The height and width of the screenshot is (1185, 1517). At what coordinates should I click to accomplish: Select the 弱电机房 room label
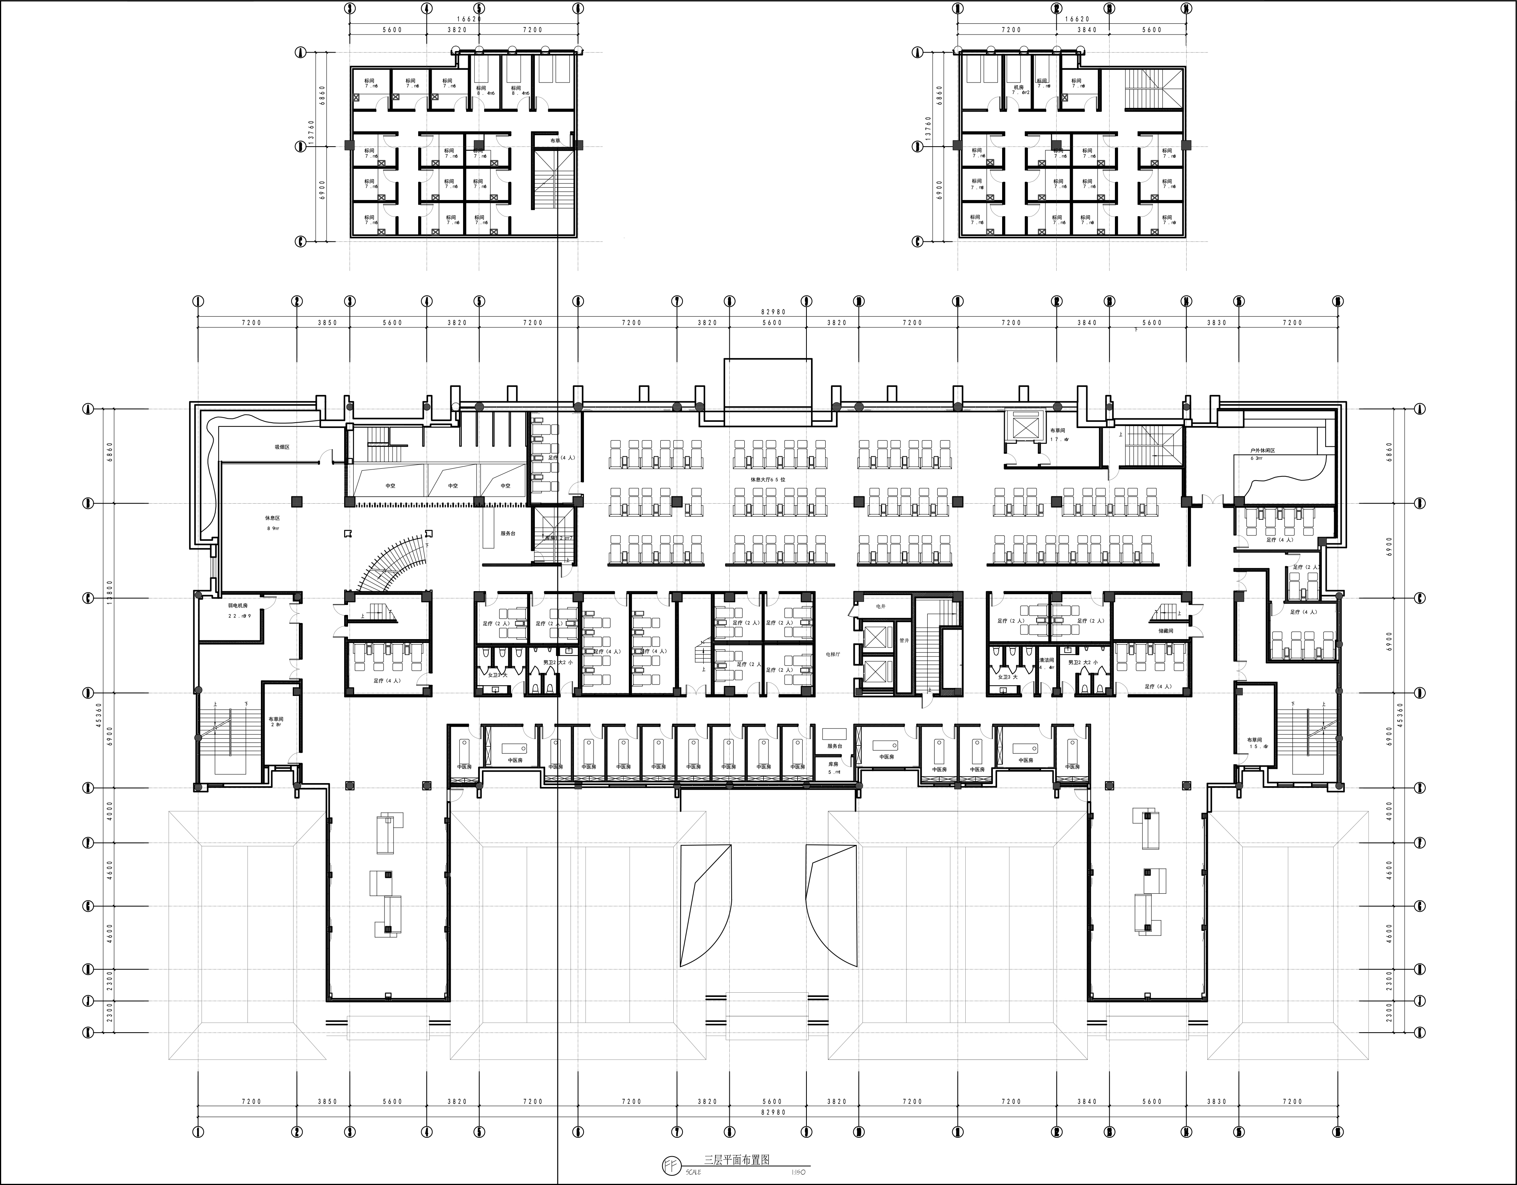pos(238,605)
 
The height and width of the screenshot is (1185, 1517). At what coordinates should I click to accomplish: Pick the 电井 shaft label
pos(881,606)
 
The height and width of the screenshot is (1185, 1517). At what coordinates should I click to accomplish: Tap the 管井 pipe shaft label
pos(904,640)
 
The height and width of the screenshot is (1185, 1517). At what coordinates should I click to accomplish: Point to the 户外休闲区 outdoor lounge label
pos(1262,450)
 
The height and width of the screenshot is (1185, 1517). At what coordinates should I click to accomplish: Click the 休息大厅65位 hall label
pos(768,479)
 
